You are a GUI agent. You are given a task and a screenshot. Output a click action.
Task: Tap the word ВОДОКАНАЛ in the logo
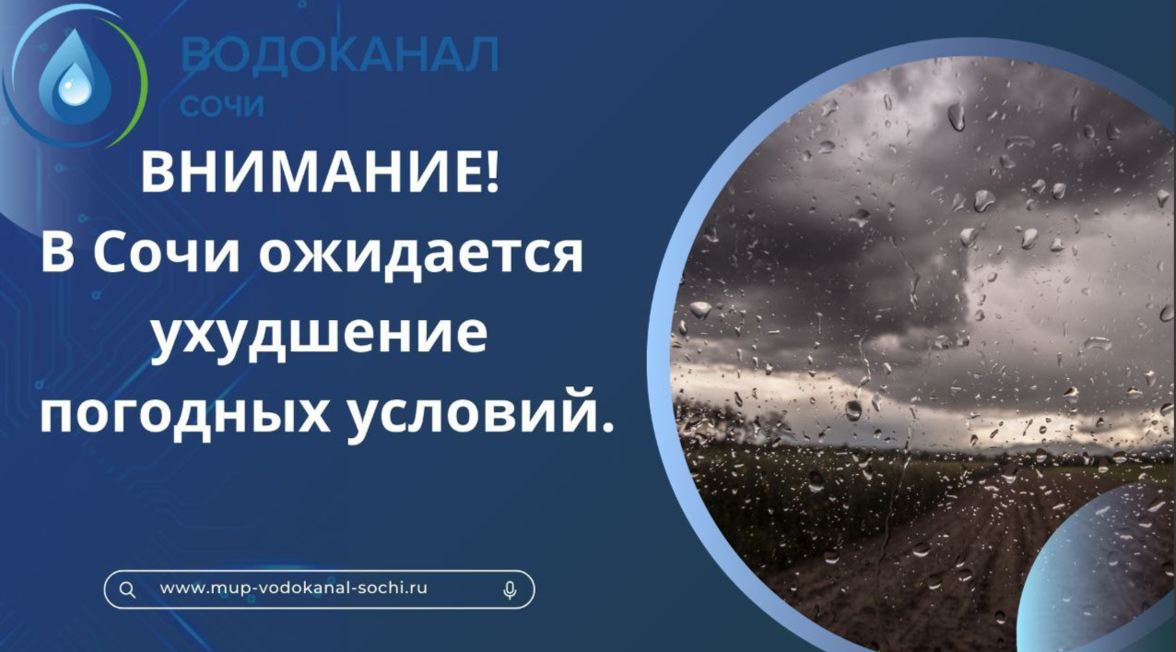[339, 54]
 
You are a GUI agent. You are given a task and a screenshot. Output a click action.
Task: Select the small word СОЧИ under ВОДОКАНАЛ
[221, 106]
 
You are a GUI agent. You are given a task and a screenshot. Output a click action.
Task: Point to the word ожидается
[420, 254]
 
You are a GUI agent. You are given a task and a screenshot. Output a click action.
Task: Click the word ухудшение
[320, 335]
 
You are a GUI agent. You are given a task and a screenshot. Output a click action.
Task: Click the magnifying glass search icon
[127, 590]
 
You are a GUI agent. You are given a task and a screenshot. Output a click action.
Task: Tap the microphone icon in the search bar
[510, 590]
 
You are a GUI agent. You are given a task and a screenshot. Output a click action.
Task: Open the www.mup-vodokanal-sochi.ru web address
[293, 587]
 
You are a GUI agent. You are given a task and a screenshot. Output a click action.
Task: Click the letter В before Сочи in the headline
[57, 253]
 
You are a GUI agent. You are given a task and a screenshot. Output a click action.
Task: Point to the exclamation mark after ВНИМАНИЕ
[492, 172]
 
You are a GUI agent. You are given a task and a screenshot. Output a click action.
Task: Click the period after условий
[607, 427]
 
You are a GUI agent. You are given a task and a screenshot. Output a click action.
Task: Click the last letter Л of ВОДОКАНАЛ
[481, 54]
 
